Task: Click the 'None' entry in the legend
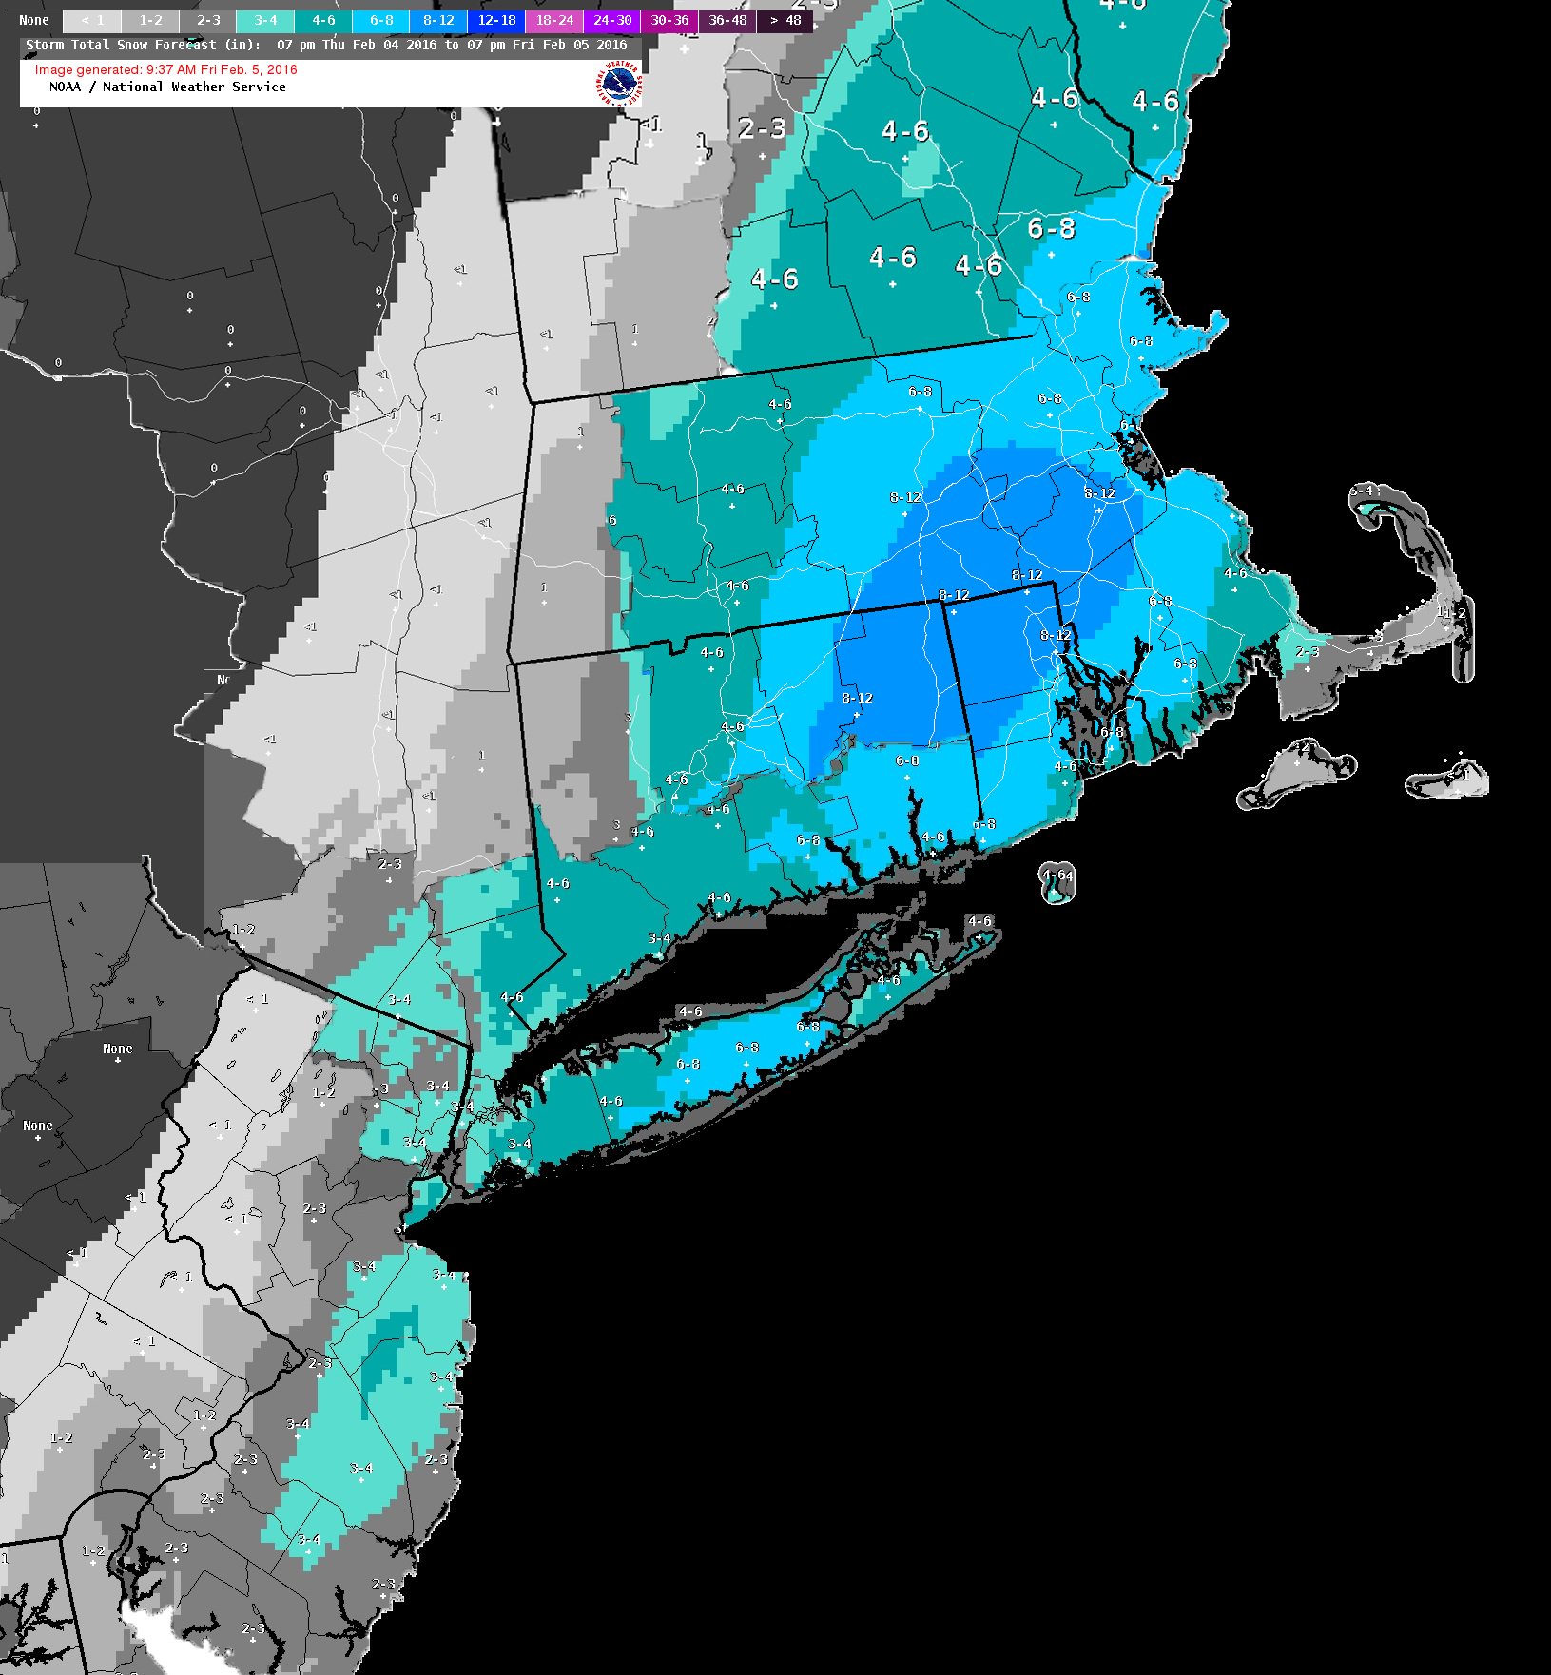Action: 33,20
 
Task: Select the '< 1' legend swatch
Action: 92,20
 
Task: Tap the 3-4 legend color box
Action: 265,20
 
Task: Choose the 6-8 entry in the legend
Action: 381,20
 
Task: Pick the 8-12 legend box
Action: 438,20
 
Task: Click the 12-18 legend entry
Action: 496,20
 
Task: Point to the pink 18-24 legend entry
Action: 554,20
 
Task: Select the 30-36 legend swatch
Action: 669,20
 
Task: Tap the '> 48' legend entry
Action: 785,20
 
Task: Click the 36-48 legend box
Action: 727,20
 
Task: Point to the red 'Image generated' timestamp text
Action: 165,69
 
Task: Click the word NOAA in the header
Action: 65,87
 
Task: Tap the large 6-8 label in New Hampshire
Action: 1051,228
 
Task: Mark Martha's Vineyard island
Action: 1298,765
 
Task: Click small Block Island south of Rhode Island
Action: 1056,884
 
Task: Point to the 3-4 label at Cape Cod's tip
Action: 1362,491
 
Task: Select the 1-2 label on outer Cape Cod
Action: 1451,613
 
